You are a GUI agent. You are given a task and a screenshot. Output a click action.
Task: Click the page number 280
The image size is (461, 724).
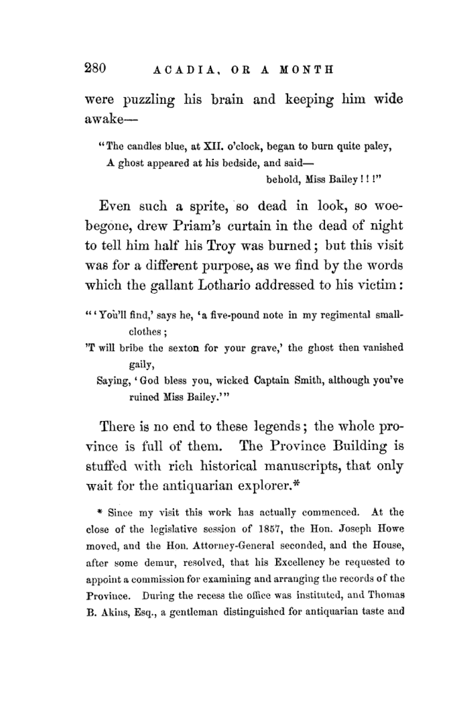tap(95, 68)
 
